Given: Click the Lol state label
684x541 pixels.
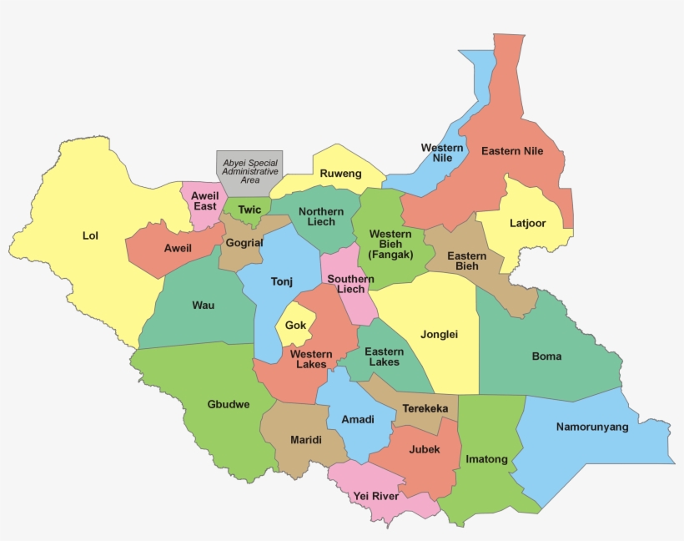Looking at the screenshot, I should (90, 235).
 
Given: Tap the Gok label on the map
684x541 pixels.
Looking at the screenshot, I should (295, 326).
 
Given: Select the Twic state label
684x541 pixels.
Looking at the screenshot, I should (249, 210).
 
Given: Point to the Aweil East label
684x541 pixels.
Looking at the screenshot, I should (204, 200).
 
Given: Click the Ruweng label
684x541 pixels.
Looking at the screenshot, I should (341, 174).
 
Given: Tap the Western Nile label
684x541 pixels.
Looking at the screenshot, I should (442, 153).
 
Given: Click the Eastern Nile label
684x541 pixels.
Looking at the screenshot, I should (512, 151).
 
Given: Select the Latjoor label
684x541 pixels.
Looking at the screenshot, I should (528, 223).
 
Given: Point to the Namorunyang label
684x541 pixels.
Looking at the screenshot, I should (592, 427).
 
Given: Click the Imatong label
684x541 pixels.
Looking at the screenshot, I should (486, 459).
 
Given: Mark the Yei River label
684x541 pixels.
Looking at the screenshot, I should (375, 496).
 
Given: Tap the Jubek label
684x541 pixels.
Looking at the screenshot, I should (425, 449).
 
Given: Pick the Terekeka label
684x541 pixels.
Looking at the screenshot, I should (425, 408).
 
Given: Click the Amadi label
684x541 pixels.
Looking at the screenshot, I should (358, 419).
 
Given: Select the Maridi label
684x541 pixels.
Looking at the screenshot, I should (306, 439).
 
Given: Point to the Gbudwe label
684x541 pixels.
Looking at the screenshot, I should (228, 405).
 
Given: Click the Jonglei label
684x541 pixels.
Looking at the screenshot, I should (439, 334).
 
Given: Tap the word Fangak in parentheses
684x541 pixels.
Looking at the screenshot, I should (390, 255).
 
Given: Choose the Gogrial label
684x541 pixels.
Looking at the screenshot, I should (244, 243).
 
